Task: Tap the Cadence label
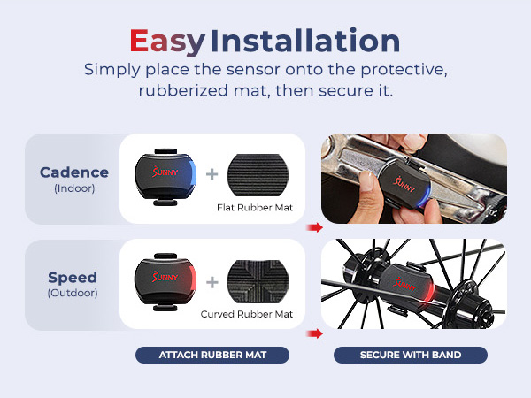(74, 172)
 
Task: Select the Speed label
(73, 278)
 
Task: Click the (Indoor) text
(73, 188)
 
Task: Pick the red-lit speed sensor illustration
(163, 279)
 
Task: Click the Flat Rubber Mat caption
(254, 210)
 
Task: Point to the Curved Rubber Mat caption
(247, 314)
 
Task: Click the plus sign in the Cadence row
(212, 173)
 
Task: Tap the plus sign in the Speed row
(212, 282)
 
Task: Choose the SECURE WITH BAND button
(410, 356)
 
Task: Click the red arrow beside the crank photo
(314, 227)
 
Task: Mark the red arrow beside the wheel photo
(314, 333)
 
